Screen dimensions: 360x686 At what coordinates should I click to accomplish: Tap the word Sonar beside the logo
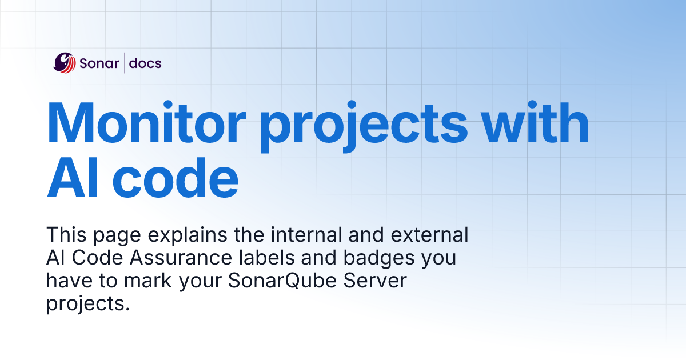pos(99,63)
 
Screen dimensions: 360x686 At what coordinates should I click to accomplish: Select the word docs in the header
pos(145,63)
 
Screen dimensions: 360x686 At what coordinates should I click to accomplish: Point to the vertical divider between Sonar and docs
pos(125,63)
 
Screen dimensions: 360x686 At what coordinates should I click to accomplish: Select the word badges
pos(381,259)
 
